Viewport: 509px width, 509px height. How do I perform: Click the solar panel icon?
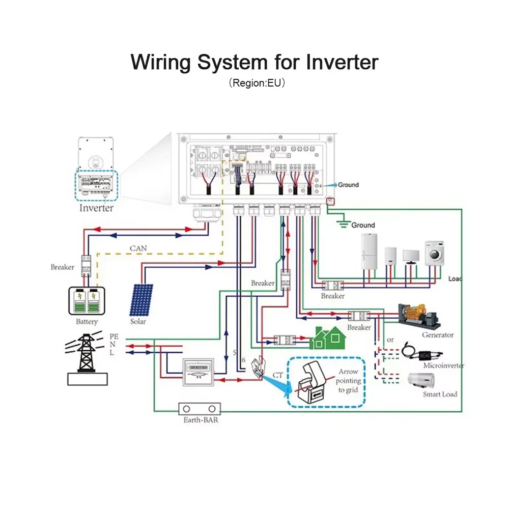[x=141, y=299]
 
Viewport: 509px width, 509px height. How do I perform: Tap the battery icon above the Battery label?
[x=87, y=301]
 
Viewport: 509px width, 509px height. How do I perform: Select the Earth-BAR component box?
[x=200, y=409]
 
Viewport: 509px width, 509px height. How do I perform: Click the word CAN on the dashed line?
[x=138, y=248]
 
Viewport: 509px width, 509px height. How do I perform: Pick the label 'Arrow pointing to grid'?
[x=349, y=381]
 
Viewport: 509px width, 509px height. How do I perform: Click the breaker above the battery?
[x=86, y=266]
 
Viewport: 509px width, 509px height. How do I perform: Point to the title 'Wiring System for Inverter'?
[x=254, y=62]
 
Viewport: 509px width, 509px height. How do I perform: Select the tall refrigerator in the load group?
[x=369, y=251]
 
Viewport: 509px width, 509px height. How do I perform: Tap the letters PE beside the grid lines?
[x=114, y=336]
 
